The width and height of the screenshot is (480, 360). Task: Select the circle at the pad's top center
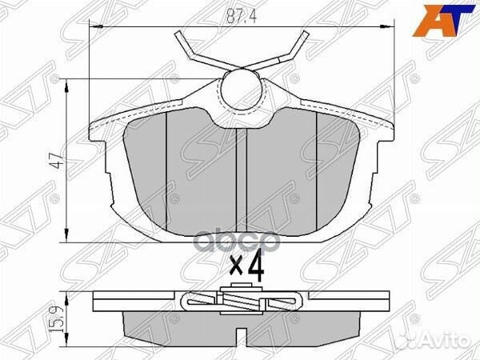coord(240,89)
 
